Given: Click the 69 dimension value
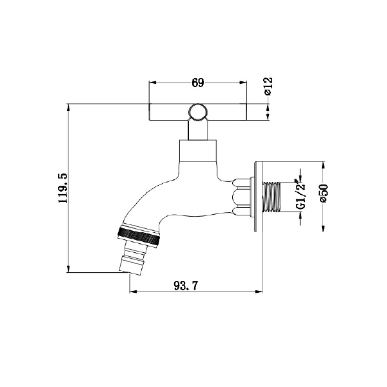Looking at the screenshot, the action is (198, 83).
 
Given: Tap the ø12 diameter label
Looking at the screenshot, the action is (268, 86).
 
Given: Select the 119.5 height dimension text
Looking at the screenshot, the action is (63, 188).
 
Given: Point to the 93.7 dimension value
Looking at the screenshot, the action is (186, 286).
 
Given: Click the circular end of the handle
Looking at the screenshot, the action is (197, 112).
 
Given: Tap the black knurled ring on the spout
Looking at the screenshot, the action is (139, 235).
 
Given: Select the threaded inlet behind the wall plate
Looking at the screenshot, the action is (272, 197).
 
